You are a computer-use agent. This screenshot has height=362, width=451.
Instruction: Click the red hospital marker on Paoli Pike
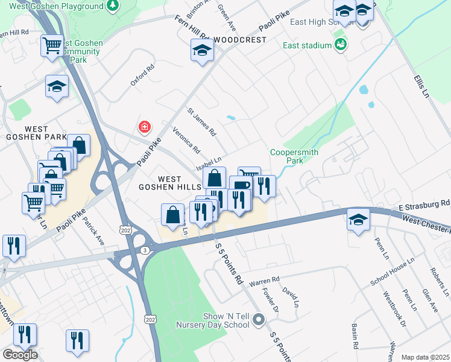tap(144, 127)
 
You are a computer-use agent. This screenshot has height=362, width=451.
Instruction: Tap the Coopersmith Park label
tap(286, 157)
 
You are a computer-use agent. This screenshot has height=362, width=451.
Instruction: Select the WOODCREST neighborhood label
tap(240, 40)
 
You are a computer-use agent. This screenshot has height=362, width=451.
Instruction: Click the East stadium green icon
tap(341, 45)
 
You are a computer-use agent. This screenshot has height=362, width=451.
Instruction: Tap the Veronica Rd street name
tap(186, 140)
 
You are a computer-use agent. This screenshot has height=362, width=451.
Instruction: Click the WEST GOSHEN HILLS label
tap(169, 183)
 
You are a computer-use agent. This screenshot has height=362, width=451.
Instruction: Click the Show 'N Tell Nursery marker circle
tap(259, 319)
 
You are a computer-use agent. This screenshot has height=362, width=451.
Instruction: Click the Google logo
tap(20, 354)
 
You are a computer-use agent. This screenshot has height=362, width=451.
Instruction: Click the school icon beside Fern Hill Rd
tap(202, 51)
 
